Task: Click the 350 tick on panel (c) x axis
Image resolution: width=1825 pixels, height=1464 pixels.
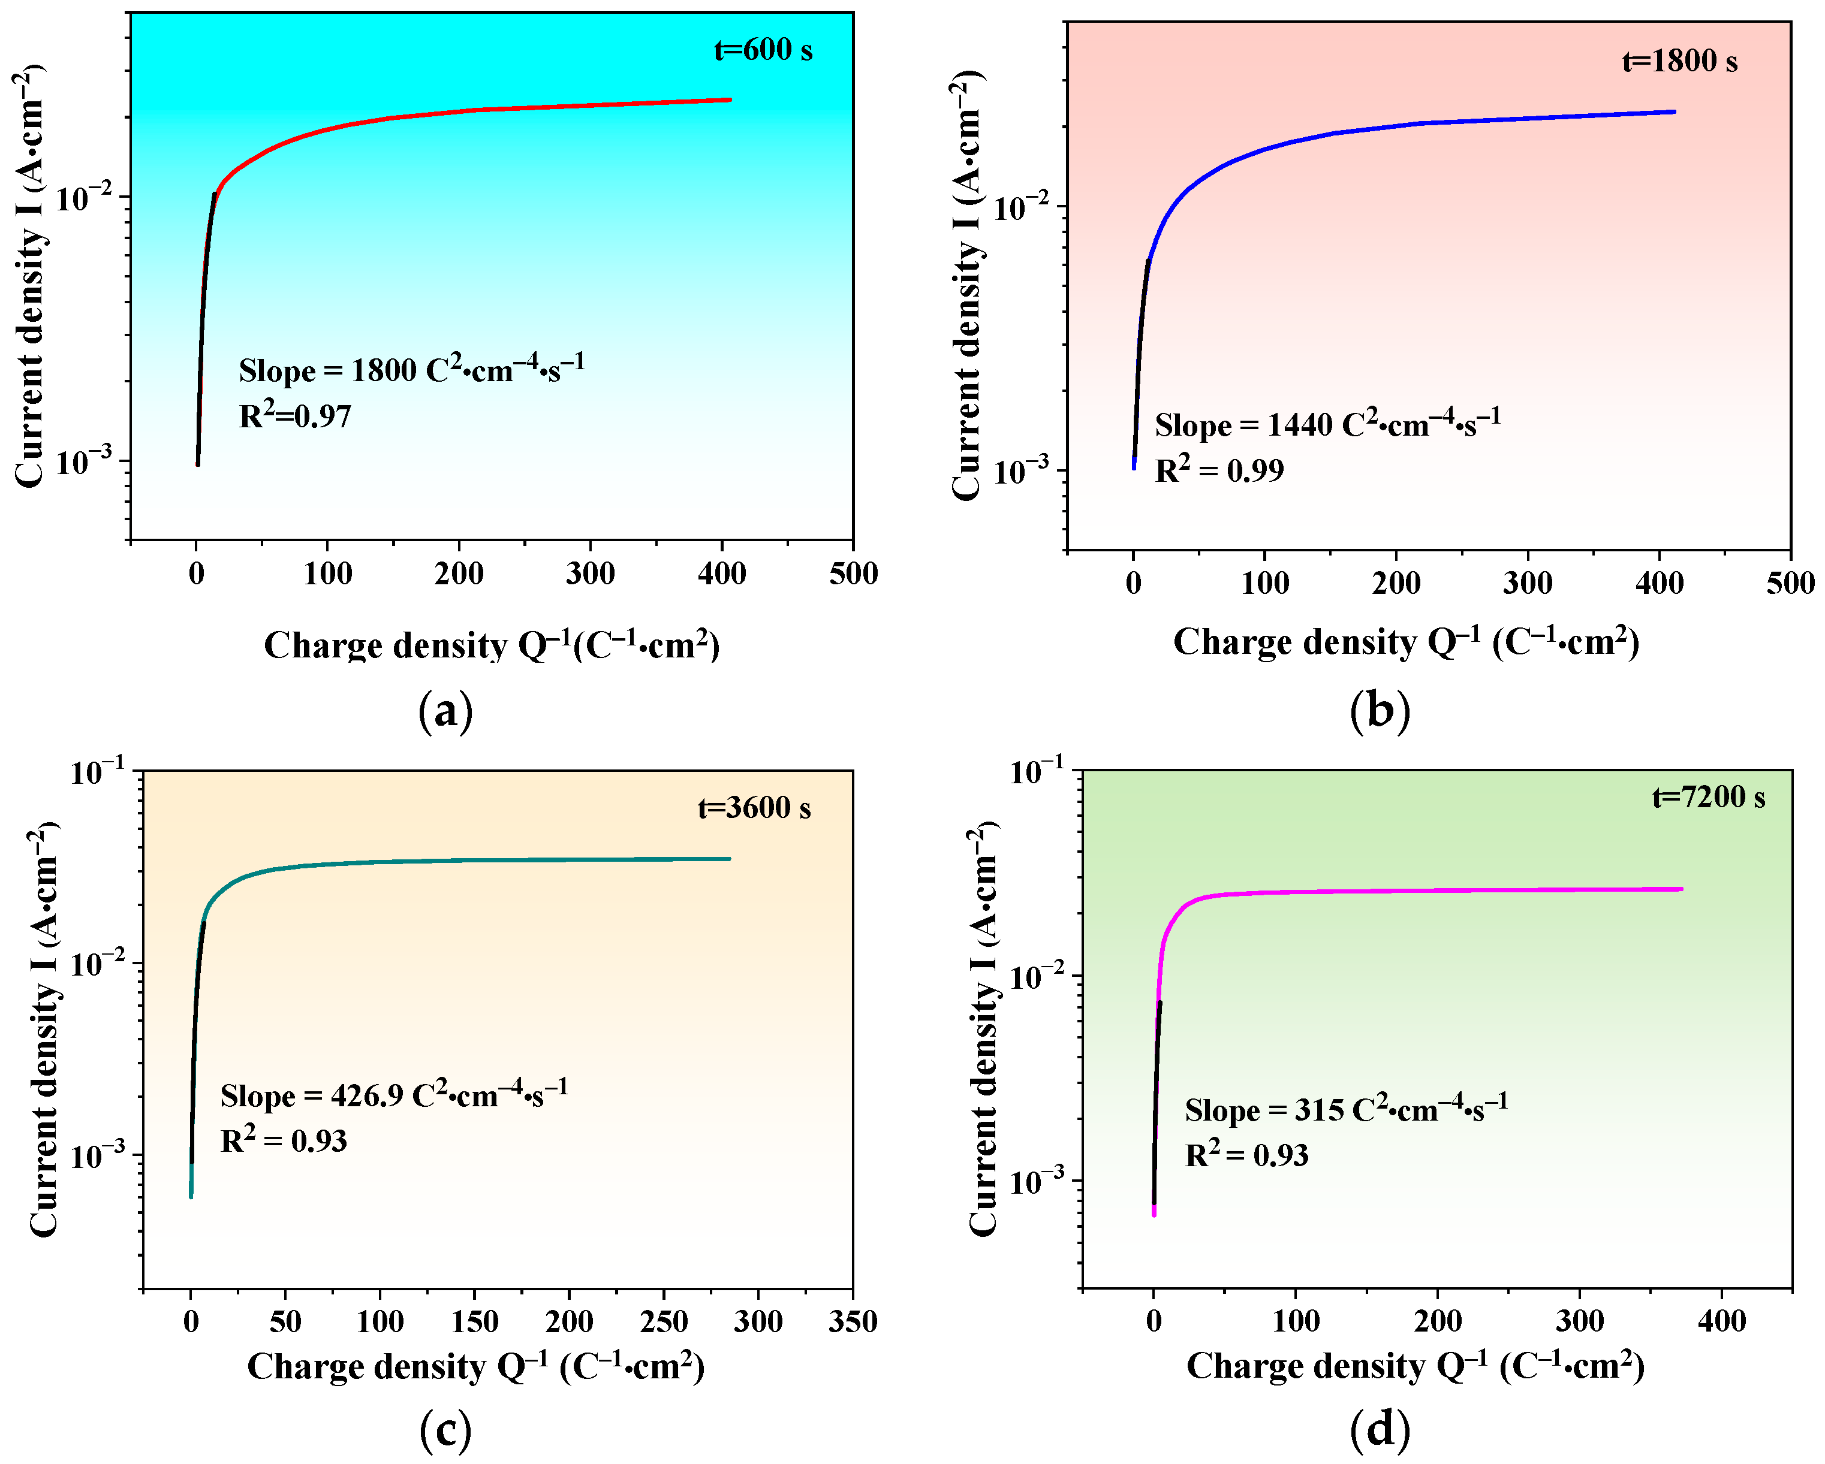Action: tap(853, 1322)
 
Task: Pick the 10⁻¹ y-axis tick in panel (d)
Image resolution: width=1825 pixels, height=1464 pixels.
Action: tap(1040, 772)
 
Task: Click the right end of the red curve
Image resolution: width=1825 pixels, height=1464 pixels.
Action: tap(730, 100)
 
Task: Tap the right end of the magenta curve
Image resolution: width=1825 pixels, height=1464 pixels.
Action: tap(1681, 889)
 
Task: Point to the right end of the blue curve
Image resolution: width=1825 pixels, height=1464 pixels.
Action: tap(1673, 111)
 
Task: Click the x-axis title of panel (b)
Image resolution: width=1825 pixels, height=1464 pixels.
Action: tap(1406, 643)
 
